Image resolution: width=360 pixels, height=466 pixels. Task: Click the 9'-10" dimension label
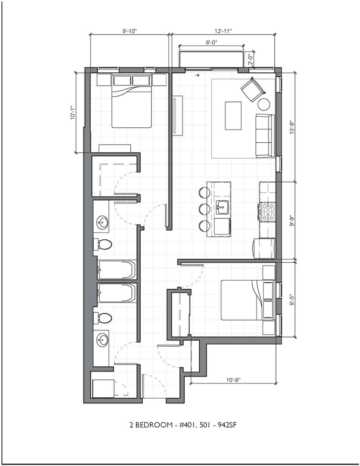coord(129,31)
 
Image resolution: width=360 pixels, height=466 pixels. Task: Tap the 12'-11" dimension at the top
coord(223,31)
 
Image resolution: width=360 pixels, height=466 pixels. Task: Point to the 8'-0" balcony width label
coord(212,42)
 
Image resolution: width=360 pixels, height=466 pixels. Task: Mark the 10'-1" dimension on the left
coord(72,113)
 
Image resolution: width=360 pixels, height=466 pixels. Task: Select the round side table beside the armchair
coord(263,104)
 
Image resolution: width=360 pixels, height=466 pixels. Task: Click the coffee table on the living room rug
coord(233,116)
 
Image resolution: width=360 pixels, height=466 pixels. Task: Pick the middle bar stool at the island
coord(204,209)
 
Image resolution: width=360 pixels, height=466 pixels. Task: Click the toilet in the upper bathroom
coord(103,245)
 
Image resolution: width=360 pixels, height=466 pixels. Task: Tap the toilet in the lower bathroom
coord(103,318)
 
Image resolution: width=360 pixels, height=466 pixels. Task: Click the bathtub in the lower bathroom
coord(117,293)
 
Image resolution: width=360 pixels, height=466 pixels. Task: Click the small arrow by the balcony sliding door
coord(196,76)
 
